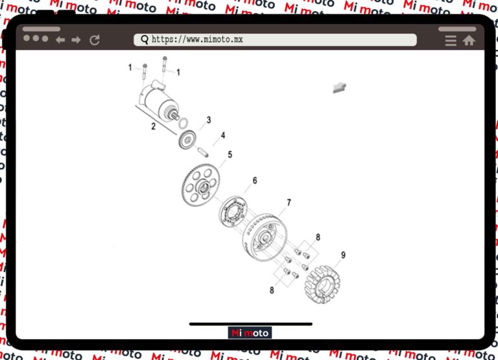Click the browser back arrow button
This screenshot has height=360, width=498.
coord(60,40)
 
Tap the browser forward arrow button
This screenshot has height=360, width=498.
coord(77,40)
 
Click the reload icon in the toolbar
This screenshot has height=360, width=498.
coord(95,40)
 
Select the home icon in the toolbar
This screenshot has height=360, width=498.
coord(469,40)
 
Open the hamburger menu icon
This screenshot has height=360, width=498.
coord(451,41)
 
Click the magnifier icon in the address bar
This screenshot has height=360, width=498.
coord(145,40)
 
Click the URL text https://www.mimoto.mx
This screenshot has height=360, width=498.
coord(197,40)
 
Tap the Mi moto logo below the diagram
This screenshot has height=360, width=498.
coord(250,333)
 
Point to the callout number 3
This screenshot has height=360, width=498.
coord(209,120)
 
